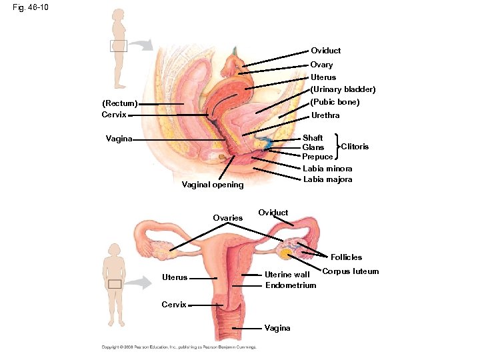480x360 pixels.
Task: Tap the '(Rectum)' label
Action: coord(119,104)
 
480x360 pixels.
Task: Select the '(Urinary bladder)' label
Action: coord(343,89)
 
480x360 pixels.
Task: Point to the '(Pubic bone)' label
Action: coord(335,102)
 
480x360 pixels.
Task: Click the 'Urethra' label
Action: coord(325,115)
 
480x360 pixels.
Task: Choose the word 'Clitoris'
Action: coord(355,146)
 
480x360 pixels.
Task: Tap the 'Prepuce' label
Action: coord(317,157)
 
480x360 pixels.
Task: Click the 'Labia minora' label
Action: coord(327,169)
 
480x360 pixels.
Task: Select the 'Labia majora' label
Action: coord(327,179)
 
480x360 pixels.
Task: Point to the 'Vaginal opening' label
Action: coord(213,185)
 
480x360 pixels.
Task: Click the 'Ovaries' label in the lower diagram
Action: coord(227,218)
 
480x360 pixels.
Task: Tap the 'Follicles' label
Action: coord(345,257)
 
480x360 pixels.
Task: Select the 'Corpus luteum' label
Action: coord(351,271)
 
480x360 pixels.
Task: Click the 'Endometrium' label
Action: coord(291,285)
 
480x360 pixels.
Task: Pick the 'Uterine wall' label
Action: coord(287,274)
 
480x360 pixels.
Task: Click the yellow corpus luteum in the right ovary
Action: coord(285,254)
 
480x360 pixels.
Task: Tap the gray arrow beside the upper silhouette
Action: coord(141,45)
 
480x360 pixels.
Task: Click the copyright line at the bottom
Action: coord(179,347)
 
